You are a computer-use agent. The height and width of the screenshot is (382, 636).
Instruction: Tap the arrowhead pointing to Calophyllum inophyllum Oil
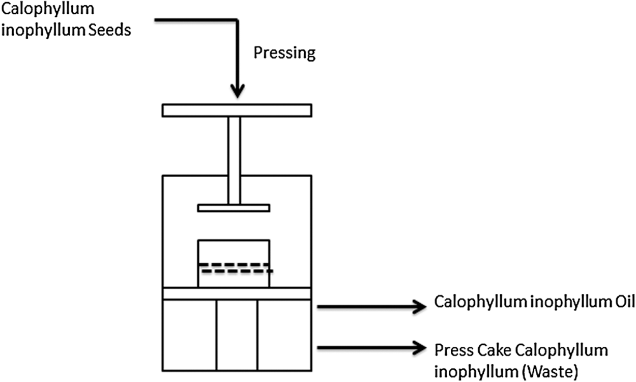point(418,307)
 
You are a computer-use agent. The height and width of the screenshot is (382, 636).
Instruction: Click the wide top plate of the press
point(237,110)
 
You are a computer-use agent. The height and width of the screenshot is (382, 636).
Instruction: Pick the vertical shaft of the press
point(234,159)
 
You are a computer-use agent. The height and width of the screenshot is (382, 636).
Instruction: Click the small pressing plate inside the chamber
point(234,208)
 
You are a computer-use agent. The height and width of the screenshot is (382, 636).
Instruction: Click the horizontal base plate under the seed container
point(237,294)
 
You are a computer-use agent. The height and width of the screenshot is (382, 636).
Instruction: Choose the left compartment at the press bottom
point(189,335)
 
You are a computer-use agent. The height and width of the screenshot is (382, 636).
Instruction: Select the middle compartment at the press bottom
point(237,335)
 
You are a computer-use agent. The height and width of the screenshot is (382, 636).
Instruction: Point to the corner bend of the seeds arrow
point(236,21)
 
